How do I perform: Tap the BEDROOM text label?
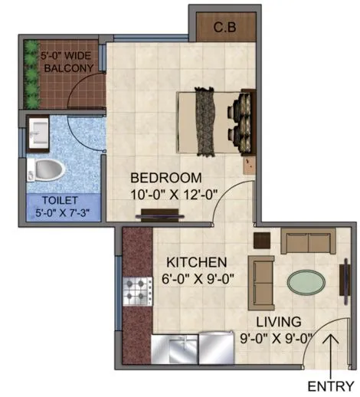pyautogui.click(x=165, y=178)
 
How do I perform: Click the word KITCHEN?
pyautogui.click(x=196, y=262)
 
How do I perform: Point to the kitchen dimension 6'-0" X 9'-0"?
pyautogui.click(x=196, y=279)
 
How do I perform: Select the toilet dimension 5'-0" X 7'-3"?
pyautogui.click(x=61, y=215)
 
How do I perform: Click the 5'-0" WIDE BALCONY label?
pyautogui.click(x=67, y=61)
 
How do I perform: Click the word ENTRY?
pyautogui.click(x=331, y=385)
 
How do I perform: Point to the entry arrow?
pyautogui.click(x=331, y=355)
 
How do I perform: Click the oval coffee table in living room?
pyautogui.click(x=306, y=281)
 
